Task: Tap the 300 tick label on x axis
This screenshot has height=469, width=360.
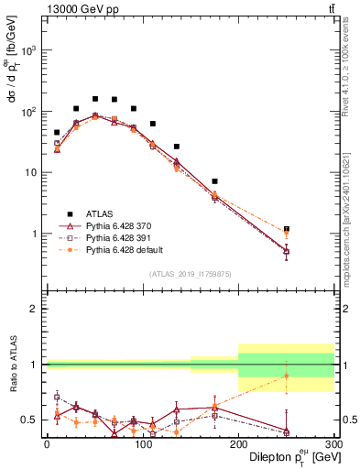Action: [x=333, y=443]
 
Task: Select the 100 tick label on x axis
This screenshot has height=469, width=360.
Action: [x=142, y=443]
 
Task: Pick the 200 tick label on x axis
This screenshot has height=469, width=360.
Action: [x=238, y=443]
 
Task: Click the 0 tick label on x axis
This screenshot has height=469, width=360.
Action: [x=47, y=443]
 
